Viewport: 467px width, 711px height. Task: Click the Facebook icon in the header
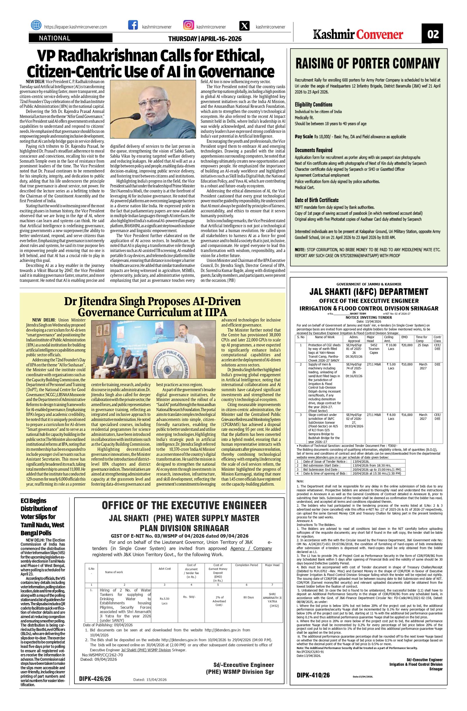[133, 25]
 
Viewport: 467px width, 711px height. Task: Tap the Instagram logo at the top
[189, 25]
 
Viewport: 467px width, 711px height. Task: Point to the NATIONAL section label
[55, 38]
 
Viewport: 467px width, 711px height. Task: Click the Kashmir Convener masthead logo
[358, 35]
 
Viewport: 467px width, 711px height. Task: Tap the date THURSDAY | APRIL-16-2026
[205, 39]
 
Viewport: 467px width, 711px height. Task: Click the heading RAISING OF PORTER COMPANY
[367, 63]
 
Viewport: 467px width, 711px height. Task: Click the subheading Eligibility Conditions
[313, 105]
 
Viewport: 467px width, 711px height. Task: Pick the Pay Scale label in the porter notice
[304, 137]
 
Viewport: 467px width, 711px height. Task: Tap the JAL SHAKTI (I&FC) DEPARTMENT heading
[368, 292]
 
